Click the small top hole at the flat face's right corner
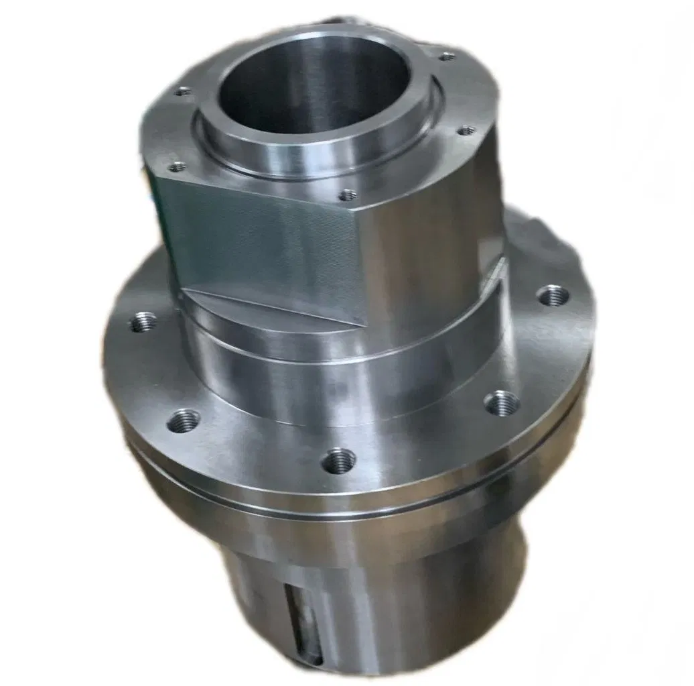[x=347, y=195]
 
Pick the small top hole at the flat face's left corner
[x=177, y=166]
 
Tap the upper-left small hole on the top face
[x=182, y=91]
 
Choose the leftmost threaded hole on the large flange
[x=143, y=322]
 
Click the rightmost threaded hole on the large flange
[x=553, y=295]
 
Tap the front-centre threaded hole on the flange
[x=339, y=460]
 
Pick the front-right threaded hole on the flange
[x=502, y=403]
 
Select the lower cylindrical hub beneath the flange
[x=402, y=590]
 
